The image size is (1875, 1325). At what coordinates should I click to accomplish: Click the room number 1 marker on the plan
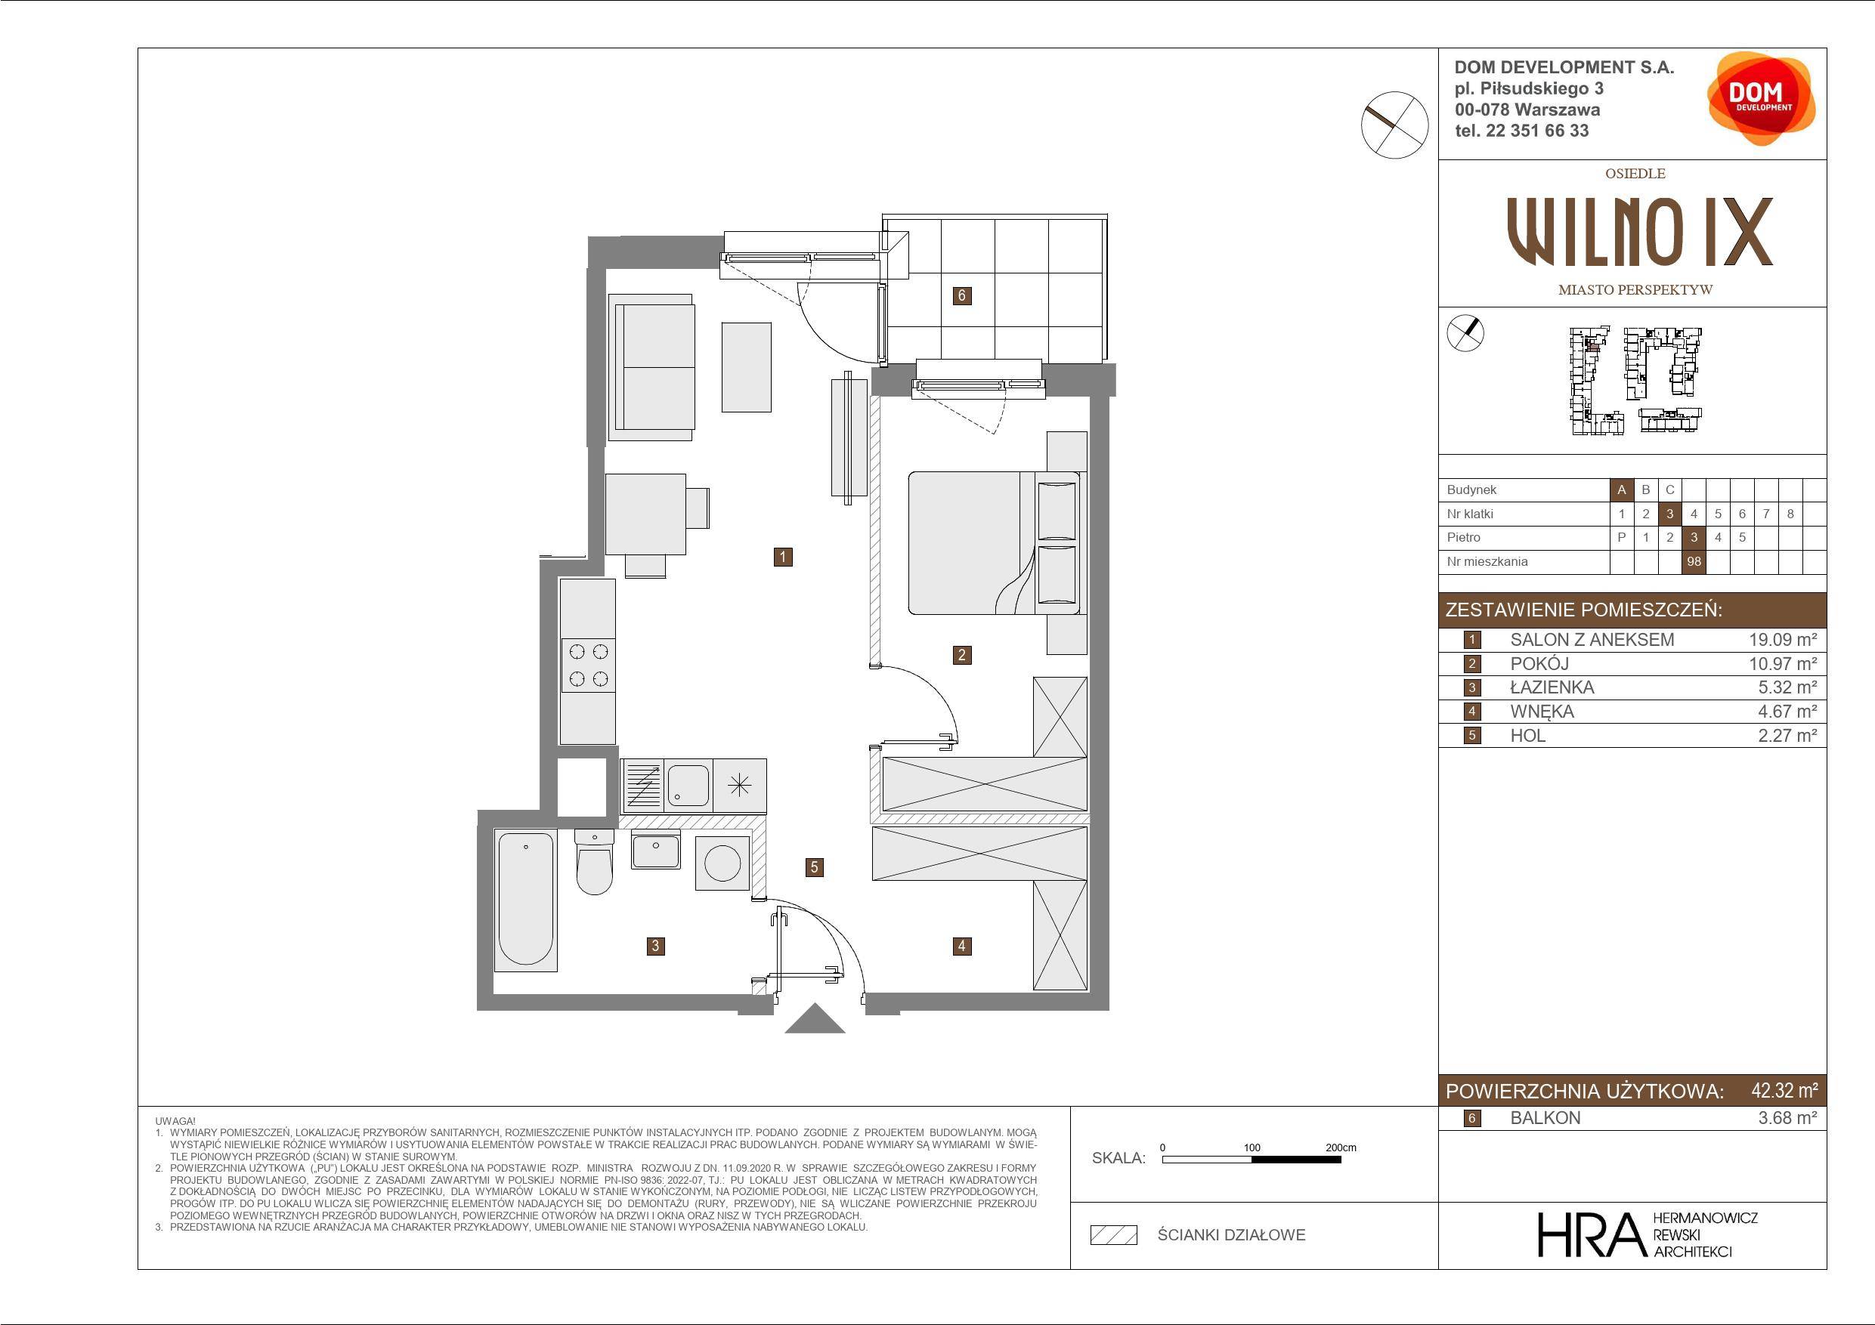(782, 557)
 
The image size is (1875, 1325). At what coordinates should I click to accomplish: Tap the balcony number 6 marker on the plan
(962, 295)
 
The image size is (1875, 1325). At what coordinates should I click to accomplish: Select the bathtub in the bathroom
(526, 900)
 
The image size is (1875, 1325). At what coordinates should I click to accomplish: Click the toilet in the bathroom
(595, 861)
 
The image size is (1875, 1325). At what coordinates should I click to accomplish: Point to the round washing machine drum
(722, 863)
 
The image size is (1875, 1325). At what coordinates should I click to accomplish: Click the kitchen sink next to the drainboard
(688, 785)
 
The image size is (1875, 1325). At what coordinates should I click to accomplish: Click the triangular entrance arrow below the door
(814, 1020)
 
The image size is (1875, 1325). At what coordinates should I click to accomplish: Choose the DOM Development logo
(1760, 99)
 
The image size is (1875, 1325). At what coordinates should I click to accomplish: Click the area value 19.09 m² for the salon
(1782, 640)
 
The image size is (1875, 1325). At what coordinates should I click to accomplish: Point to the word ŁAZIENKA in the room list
(1552, 687)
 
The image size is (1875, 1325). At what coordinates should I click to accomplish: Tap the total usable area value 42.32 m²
(1784, 1091)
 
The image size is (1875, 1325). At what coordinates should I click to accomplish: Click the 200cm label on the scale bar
(1341, 1147)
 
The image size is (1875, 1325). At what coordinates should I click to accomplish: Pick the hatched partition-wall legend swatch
(1114, 1235)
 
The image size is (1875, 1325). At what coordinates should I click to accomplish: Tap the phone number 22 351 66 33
(1538, 131)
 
